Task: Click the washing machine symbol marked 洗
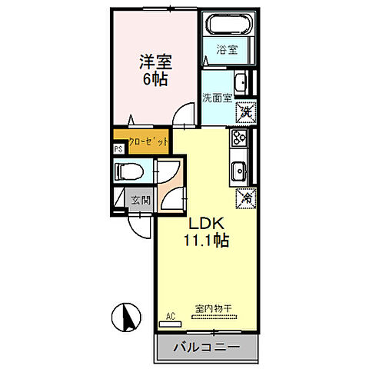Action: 244,112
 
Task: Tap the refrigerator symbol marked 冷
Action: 245,198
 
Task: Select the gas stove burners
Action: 239,139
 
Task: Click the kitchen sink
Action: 239,168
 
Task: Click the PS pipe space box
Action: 118,150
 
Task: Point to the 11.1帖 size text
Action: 206,240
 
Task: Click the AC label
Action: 171,315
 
